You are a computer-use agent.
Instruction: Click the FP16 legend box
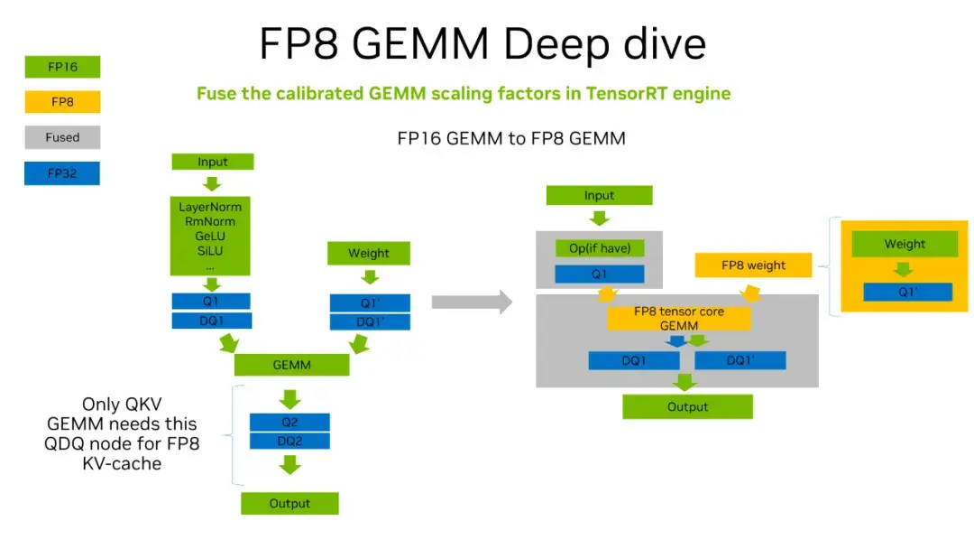62,67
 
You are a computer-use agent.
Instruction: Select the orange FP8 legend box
62,102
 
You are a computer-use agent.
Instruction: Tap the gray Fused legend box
62,137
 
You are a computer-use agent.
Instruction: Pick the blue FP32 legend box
62,173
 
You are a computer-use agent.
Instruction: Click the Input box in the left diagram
213,163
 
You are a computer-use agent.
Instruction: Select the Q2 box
289,422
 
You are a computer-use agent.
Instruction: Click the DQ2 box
289,441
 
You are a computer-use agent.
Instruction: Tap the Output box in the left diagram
289,503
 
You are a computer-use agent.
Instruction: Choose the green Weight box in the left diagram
369,253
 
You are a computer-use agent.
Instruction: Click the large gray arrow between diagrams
471,302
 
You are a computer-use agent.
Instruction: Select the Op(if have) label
599,248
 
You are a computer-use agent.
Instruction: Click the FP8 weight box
753,265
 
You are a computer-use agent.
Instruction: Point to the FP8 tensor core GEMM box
679,317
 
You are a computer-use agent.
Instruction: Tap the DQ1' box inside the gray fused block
740,360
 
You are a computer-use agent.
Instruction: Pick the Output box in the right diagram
687,407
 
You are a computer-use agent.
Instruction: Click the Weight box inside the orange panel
904,244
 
